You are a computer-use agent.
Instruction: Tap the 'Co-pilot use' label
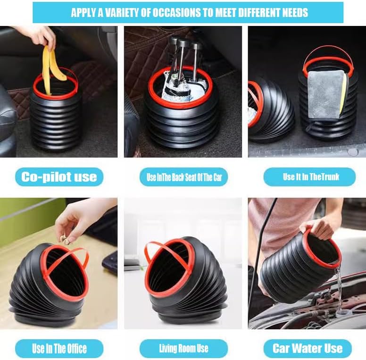(x=59, y=177)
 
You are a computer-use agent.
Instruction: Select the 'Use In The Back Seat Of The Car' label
(x=183, y=177)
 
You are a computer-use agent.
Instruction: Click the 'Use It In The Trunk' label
(x=309, y=177)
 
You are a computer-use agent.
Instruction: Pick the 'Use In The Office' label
(x=59, y=349)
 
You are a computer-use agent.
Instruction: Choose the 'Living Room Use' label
(x=183, y=349)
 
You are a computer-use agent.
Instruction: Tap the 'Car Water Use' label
(x=308, y=349)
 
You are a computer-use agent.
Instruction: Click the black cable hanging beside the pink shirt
(x=259, y=252)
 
